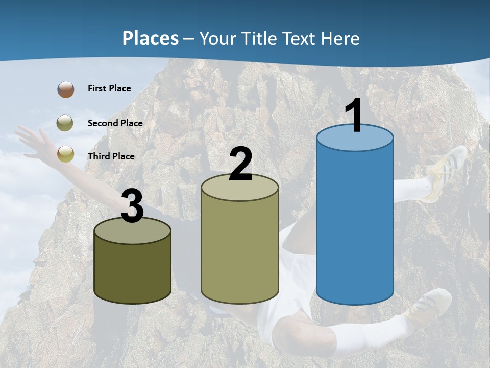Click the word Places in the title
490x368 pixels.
tap(150, 38)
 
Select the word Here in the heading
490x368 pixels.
tap(340, 39)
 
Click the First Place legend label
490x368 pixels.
tap(109, 88)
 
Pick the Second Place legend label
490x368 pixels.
tap(115, 123)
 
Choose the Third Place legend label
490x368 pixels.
tap(111, 156)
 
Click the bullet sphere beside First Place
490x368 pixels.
tap(65, 89)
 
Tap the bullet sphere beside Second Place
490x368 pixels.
tap(65, 123)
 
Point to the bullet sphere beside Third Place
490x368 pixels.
tap(65, 154)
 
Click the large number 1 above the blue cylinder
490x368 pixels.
tap(354, 116)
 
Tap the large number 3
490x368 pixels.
tap(133, 206)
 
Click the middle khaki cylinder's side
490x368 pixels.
tap(240, 250)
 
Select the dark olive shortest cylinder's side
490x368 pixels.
tap(133, 271)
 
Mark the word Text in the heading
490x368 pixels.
tap(302, 39)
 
